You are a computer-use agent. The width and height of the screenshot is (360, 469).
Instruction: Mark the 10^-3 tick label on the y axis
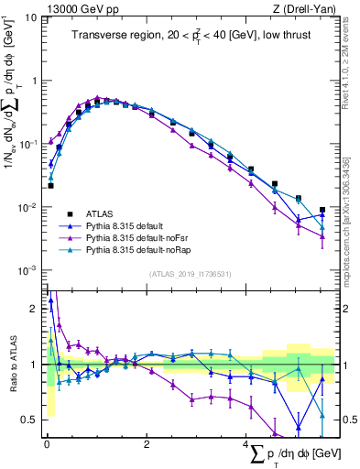(27, 270)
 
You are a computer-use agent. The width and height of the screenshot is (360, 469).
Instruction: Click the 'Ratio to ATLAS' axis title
(12, 365)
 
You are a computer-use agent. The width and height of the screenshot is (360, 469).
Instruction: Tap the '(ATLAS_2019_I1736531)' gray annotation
(190, 274)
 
